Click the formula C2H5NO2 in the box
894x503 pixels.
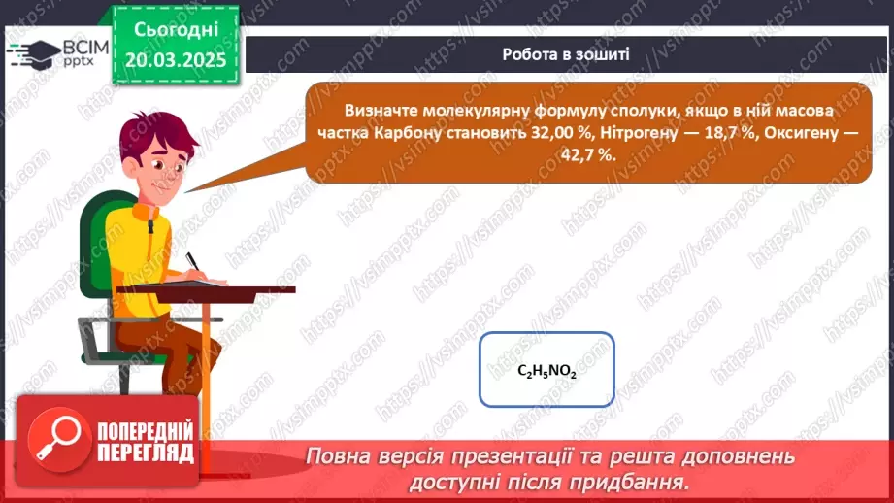(546, 371)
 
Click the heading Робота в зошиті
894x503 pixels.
(565, 53)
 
